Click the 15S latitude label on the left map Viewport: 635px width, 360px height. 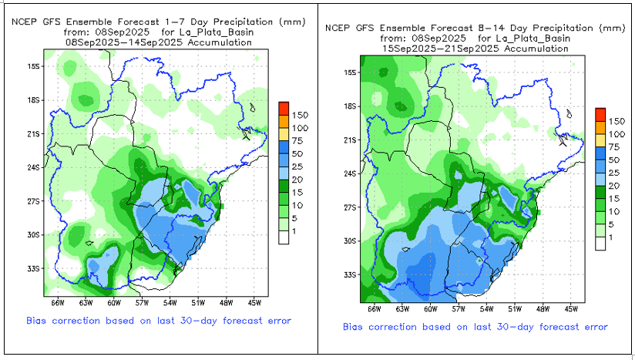pyautogui.click(x=34, y=66)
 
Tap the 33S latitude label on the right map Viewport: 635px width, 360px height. pyautogui.click(x=350, y=274)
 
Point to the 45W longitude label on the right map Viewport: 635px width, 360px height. pyautogui.click(x=571, y=308)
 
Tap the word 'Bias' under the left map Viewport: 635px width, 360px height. pyautogui.click(x=39, y=320)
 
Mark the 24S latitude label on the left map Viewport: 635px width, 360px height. pyautogui.click(x=34, y=167)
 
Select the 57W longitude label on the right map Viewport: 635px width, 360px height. pyautogui.click(x=459, y=308)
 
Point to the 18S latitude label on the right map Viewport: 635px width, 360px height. pyautogui.click(x=350, y=106)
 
